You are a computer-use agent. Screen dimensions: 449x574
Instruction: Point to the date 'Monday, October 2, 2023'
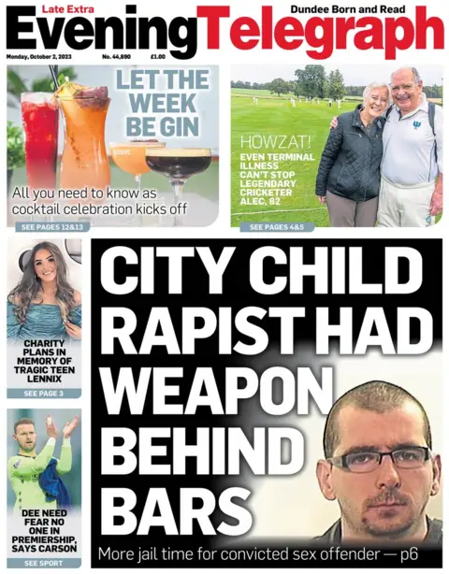pyautogui.click(x=43, y=57)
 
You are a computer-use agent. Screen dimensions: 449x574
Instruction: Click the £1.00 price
pyautogui.click(x=158, y=57)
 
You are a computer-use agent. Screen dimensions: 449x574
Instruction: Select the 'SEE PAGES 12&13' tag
pyautogui.click(x=51, y=227)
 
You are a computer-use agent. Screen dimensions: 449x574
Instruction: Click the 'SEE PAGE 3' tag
pyautogui.click(x=43, y=394)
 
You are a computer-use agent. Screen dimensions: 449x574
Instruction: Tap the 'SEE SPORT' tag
pyautogui.click(x=43, y=564)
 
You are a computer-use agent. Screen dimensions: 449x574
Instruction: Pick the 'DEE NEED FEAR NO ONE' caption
pyautogui.click(x=44, y=528)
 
